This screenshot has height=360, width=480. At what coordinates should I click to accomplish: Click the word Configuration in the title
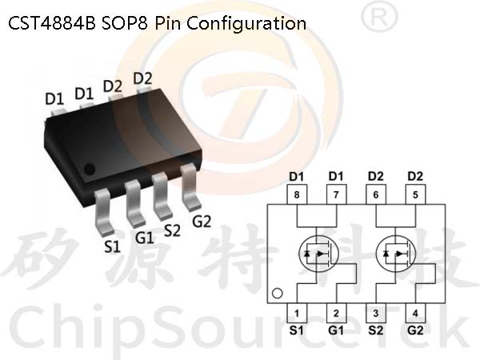(246, 24)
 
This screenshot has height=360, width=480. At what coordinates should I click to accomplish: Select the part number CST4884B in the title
(52, 23)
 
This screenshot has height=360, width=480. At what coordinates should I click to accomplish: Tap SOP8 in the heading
(125, 23)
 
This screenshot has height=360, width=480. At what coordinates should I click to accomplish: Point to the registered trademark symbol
(379, 16)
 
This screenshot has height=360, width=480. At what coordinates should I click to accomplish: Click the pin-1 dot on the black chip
(90, 170)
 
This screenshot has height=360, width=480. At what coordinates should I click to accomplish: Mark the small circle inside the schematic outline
(278, 294)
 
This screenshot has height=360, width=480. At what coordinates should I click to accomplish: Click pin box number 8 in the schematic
(297, 194)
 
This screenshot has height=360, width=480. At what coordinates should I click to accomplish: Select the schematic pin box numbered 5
(415, 194)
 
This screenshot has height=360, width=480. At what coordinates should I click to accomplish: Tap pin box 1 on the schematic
(297, 313)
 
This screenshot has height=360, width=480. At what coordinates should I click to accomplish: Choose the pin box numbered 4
(415, 313)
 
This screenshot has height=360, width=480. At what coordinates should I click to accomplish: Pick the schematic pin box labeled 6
(376, 194)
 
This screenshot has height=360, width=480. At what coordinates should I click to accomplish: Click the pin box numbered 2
(336, 313)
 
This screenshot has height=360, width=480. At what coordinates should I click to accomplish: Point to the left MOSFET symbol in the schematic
(318, 254)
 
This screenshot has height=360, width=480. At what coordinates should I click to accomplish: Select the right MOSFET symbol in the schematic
(395, 254)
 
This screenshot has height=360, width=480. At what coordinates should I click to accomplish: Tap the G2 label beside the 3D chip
(202, 221)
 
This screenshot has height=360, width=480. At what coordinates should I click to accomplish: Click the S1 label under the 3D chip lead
(112, 246)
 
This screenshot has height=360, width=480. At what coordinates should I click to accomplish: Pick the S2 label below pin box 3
(376, 330)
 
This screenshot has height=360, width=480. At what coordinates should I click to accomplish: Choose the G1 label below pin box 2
(336, 330)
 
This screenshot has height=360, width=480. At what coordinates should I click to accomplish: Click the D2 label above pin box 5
(415, 176)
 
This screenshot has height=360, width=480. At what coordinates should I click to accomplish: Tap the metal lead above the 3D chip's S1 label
(103, 211)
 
